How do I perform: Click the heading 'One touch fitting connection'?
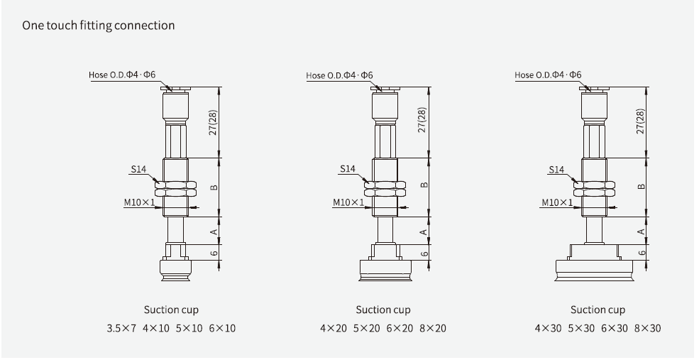click(99, 26)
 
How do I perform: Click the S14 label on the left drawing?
click(138, 170)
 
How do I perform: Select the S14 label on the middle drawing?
click(347, 169)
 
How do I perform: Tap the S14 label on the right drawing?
click(556, 170)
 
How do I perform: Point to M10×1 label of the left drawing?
click(138, 202)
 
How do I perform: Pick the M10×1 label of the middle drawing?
click(348, 202)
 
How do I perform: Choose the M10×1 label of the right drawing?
click(557, 202)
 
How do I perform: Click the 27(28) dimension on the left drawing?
click(214, 121)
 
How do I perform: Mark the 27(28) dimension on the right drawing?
click(641, 121)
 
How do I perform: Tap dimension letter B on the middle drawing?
click(424, 186)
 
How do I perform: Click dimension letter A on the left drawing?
click(214, 231)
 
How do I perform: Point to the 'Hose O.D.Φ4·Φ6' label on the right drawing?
click(548, 75)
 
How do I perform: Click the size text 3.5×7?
click(121, 328)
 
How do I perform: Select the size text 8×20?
click(432, 328)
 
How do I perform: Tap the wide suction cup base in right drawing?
click(598, 271)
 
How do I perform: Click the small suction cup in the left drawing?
click(174, 271)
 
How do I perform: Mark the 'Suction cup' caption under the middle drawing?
click(383, 310)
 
